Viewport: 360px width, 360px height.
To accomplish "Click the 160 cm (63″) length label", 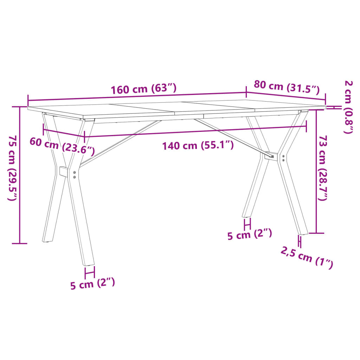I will [143, 89].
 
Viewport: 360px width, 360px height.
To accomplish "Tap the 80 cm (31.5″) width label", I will [287, 88].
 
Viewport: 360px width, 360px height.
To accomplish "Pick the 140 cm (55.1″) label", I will [198, 145].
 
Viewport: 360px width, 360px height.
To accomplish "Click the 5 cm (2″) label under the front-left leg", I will [92, 283].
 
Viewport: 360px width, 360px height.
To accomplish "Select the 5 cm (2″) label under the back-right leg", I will [249, 234].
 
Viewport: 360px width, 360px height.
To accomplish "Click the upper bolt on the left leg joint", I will [74, 173].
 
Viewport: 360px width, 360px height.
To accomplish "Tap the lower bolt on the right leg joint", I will [283, 160].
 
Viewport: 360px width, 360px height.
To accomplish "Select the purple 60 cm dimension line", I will [63, 134].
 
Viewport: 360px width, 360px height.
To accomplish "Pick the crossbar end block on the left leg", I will [64, 172].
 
